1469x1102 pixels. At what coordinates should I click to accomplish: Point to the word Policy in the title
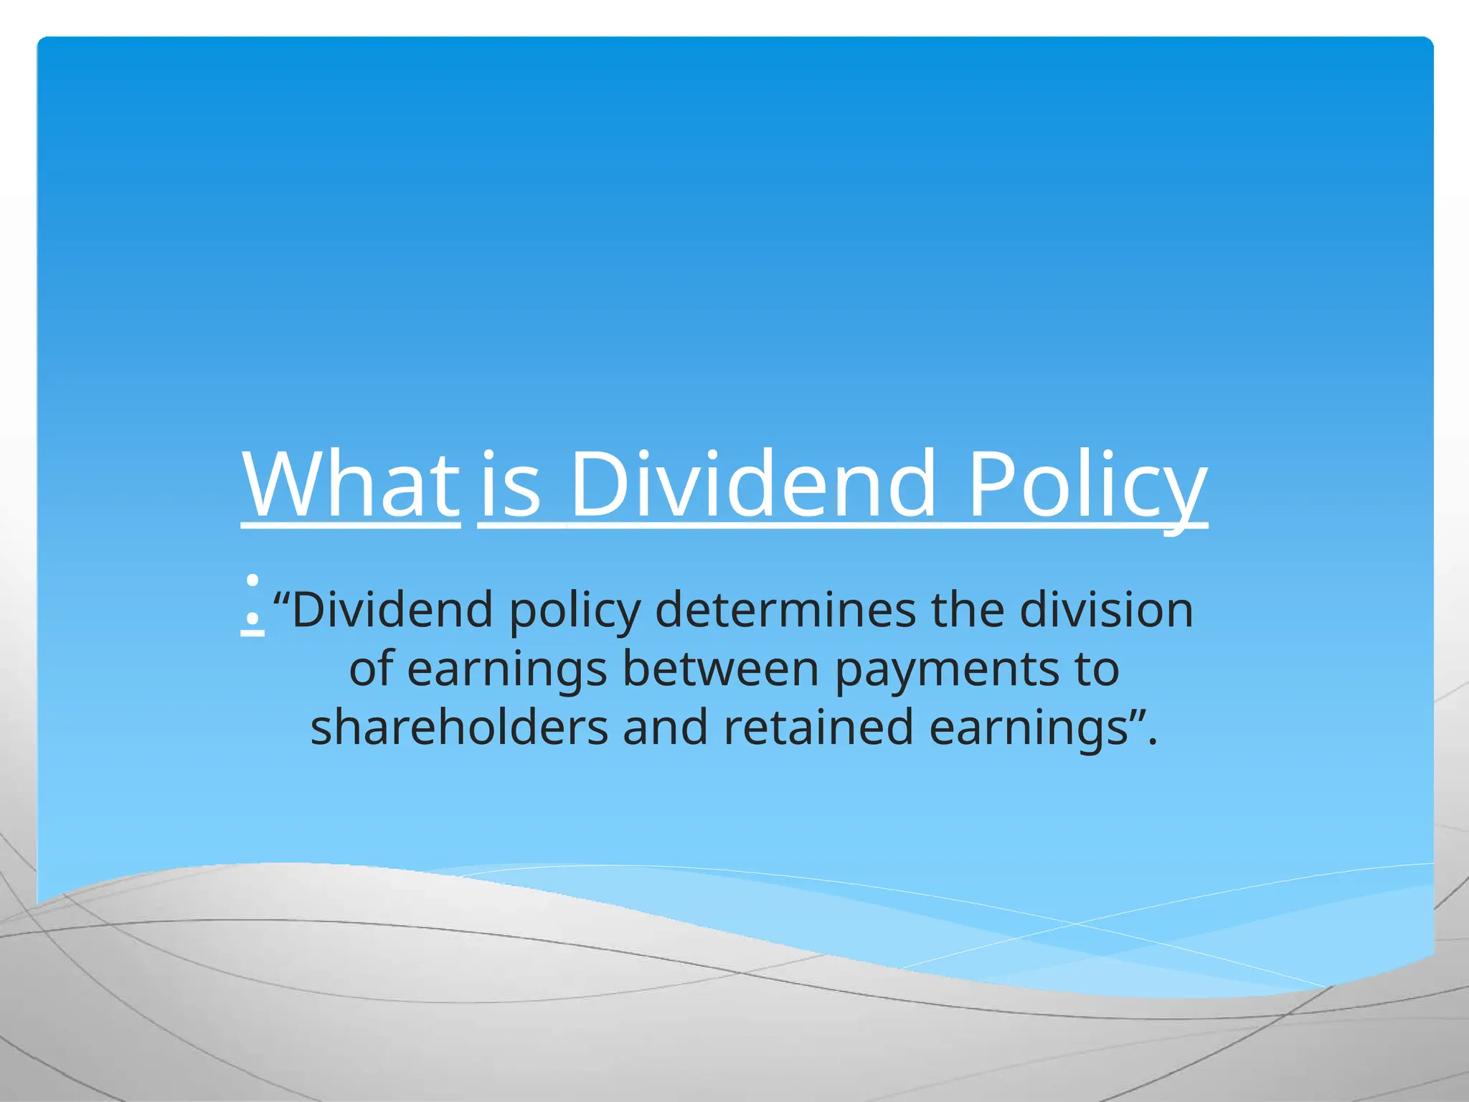click(1087, 485)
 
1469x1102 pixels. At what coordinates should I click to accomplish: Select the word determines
click(785, 610)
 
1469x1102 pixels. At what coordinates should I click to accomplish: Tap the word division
click(1106, 610)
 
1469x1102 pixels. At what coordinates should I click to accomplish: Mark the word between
click(720, 669)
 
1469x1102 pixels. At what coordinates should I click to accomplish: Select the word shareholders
click(459, 727)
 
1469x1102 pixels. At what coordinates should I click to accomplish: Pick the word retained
click(818, 727)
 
